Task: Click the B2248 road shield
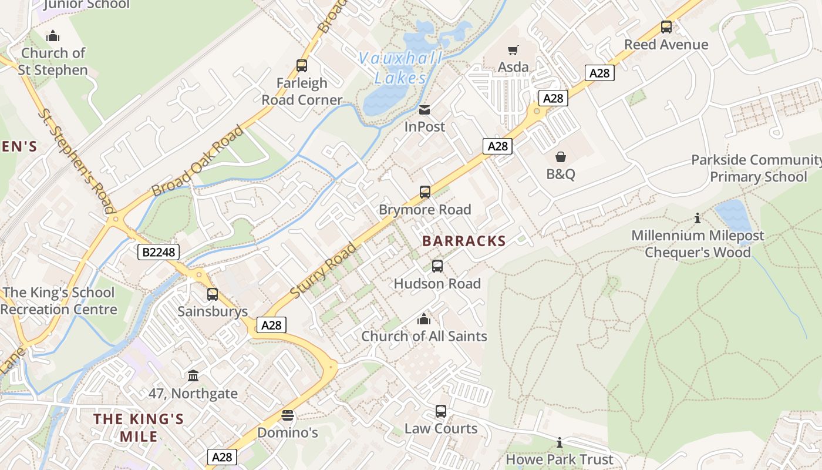(158, 253)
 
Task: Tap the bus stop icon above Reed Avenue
(666, 27)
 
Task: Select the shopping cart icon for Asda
(513, 51)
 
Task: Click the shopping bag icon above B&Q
(561, 157)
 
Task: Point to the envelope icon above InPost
(425, 110)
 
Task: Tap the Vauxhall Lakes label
(400, 68)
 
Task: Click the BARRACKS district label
(464, 241)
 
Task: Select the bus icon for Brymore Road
(425, 192)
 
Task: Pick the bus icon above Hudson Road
(437, 266)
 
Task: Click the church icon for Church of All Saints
(423, 320)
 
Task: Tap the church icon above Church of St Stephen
(53, 36)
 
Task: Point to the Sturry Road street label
(323, 270)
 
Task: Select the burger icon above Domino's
(287, 415)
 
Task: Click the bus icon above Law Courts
(441, 411)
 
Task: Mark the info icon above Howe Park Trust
(559, 442)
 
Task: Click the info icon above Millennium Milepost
(698, 219)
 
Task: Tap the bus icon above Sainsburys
(213, 294)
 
